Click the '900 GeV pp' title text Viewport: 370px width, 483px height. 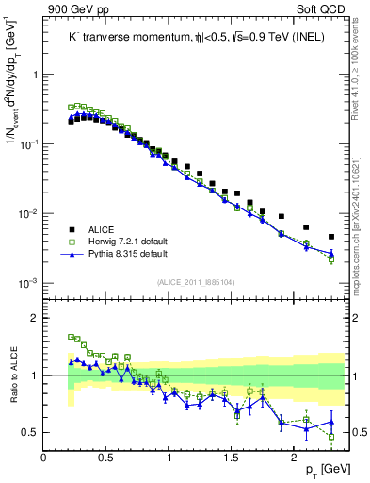click(73, 9)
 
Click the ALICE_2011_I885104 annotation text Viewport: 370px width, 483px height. click(195, 281)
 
